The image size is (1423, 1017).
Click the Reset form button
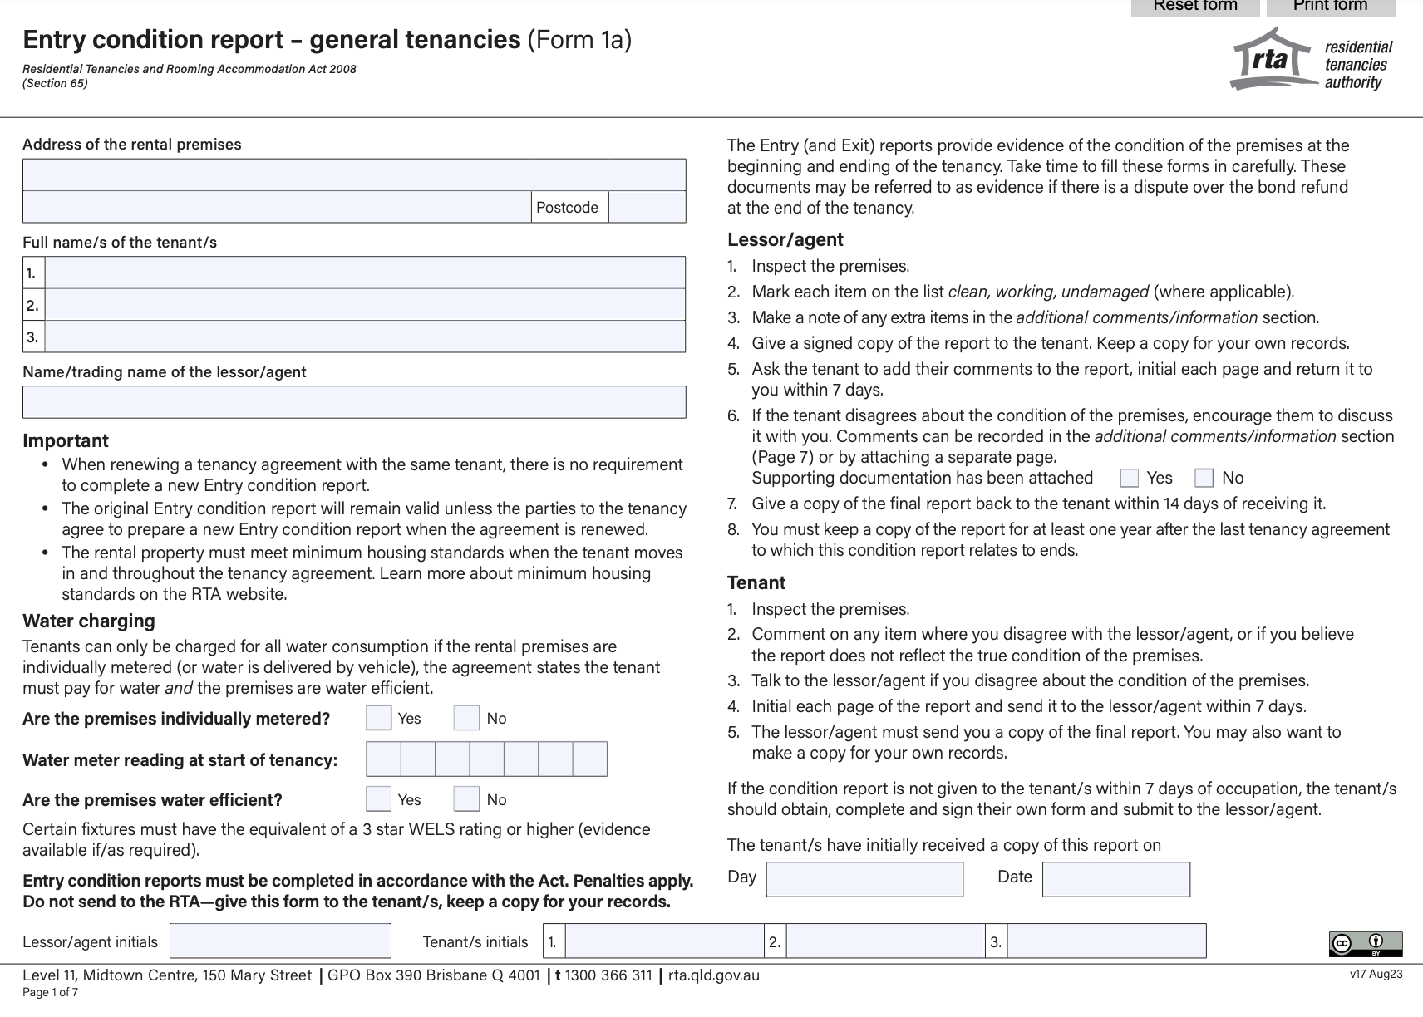[1195, 7]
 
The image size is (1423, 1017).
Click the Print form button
[1330, 7]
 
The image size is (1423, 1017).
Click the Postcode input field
[647, 207]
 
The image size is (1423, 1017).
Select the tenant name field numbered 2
[364, 305]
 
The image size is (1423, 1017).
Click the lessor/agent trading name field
[354, 402]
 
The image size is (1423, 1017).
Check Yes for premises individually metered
[379, 718]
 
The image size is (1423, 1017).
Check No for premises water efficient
[467, 799]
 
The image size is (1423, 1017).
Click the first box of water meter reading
[384, 759]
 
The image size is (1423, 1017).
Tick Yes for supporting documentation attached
[1129, 478]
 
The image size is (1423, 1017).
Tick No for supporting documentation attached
[1204, 478]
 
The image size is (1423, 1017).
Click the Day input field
[864, 879]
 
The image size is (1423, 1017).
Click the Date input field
[1115, 879]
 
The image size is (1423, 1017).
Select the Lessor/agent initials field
[280, 941]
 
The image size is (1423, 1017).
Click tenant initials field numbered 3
[1105, 941]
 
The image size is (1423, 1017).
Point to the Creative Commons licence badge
[1365, 944]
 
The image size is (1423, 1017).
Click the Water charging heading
[89, 621]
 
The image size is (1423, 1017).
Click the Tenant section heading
[756, 582]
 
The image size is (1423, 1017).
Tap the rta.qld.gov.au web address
[713, 975]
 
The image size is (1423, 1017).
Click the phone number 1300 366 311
[608, 975]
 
